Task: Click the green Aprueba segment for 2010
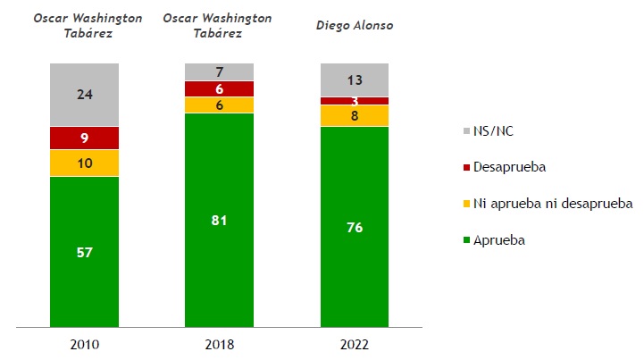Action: point(84,252)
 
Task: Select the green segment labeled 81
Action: point(219,220)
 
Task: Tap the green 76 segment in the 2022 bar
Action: point(355,226)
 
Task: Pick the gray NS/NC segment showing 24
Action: point(84,95)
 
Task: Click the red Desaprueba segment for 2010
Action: point(84,138)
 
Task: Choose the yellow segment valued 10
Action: point(84,163)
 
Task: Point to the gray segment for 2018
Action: point(219,71)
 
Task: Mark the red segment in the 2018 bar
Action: point(219,88)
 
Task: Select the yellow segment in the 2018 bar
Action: point(219,105)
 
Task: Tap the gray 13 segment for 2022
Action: point(355,80)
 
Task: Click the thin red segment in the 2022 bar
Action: point(355,101)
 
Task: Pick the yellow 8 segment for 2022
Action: point(355,115)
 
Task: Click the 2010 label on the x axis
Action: point(84,344)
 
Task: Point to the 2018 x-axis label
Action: point(219,344)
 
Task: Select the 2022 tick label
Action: point(355,344)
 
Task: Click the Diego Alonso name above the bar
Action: point(355,25)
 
